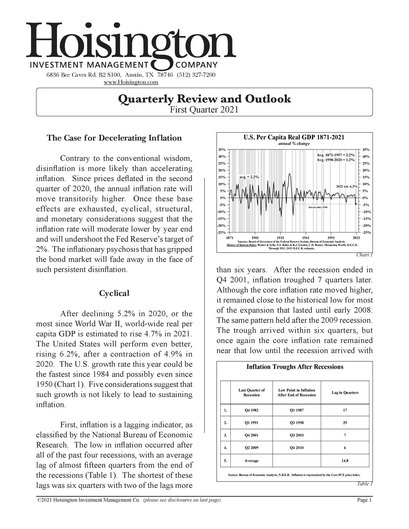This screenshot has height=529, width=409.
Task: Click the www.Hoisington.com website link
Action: [x=131, y=82]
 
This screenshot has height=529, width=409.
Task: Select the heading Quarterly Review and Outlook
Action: [x=204, y=99]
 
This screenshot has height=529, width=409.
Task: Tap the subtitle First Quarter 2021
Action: [x=204, y=110]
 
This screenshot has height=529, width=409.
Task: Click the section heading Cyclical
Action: [x=114, y=293]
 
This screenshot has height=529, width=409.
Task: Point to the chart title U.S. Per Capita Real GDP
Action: [x=294, y=138]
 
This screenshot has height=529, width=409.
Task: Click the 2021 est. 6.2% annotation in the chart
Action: [x=347, y=186]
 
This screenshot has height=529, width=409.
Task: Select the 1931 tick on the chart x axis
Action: [x=281, y=237]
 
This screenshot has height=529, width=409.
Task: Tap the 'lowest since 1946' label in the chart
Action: [x=318, y=207]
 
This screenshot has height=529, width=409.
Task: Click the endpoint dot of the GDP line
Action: [x=356, y=204]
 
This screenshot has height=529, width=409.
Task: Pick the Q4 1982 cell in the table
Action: [x=251, y=410]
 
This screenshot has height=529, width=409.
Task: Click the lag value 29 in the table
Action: [x=345, y=423]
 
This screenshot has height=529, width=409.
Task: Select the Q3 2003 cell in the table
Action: [x=297, y=435]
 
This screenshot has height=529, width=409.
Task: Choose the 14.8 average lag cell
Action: [x=345, y=461]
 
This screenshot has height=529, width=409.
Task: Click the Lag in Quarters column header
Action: [x=345, y=393]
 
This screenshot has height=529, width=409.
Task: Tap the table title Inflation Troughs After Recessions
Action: [x=295, y=367]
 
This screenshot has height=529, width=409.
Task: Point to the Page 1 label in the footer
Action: [x=364, y=500]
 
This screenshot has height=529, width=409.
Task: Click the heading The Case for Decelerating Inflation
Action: [x=114, y=138]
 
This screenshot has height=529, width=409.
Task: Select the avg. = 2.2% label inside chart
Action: [x=249, y=177]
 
